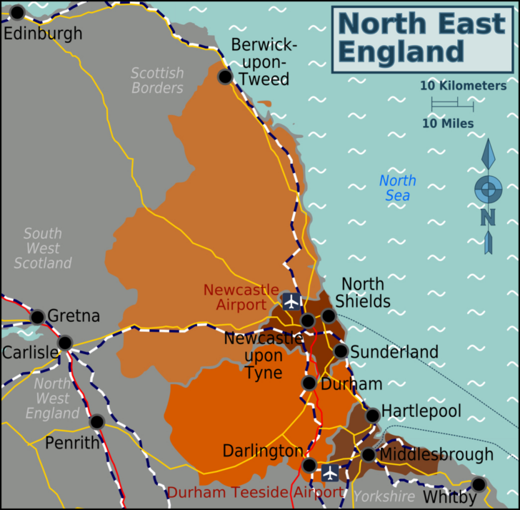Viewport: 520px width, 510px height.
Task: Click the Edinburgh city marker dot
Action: [x=17, y=12]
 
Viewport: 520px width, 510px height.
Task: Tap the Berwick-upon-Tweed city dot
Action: [x=225, y=77]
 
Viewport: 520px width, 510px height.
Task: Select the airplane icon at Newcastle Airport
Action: [x=291, y=301]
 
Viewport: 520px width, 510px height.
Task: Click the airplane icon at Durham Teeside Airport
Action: [x=330, y=472]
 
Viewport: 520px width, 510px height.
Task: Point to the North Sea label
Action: [x=398, y=188]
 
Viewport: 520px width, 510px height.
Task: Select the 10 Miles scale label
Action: [x=448, y=124]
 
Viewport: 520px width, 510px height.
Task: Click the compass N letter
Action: [x=489, y=216]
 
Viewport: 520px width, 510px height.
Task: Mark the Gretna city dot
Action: [x=37, y=316]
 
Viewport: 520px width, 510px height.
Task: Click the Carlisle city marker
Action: [x=64, y=343]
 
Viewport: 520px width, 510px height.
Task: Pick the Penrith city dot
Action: [x=96, y=422]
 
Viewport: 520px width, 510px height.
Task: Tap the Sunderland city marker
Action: [x=341, y=351]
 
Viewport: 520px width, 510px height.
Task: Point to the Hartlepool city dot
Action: [x=372, y=415]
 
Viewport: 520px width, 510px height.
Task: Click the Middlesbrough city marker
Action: [x=368, y=455]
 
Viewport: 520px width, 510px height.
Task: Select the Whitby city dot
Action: [x=479, y=484]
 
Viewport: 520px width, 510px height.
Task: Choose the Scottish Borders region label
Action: [x=157, y=80]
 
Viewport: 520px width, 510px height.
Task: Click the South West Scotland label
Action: [x=43, y=248]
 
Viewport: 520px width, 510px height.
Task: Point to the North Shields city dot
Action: [x=328, y=315]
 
